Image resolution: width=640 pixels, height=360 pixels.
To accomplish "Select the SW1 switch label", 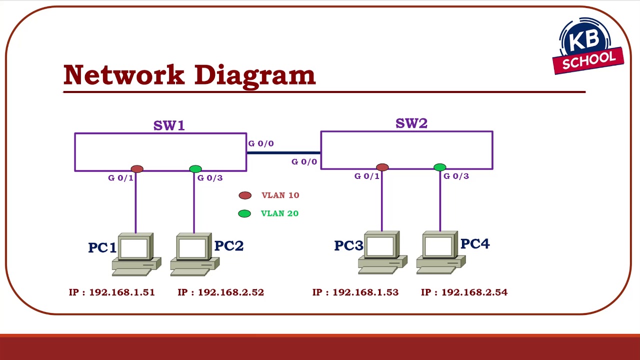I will point(169,125).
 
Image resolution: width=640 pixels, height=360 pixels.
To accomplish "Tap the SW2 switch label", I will point(411,123).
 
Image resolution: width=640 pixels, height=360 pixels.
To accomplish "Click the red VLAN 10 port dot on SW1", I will point(137,169).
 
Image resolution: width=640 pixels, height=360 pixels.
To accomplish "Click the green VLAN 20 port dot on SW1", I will point(195,169).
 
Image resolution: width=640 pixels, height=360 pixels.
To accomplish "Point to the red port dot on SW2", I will point(382,167).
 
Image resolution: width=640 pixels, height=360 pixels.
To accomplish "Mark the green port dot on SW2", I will point(440,167).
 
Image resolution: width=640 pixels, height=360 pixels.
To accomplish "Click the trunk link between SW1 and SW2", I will point(283,152).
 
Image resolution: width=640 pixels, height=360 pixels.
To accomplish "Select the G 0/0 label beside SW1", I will point(261,143).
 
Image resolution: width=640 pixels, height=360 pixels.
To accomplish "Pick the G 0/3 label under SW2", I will point(456,176).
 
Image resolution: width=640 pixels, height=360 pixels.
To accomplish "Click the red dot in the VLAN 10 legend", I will point(244,195).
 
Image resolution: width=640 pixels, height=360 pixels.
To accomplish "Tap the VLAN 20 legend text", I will point(279,213).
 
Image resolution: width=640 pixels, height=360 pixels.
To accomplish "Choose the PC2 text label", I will point(228,246).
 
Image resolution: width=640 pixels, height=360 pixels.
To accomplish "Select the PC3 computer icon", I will point(382,252).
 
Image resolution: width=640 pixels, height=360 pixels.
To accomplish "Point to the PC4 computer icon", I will point(440,252).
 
